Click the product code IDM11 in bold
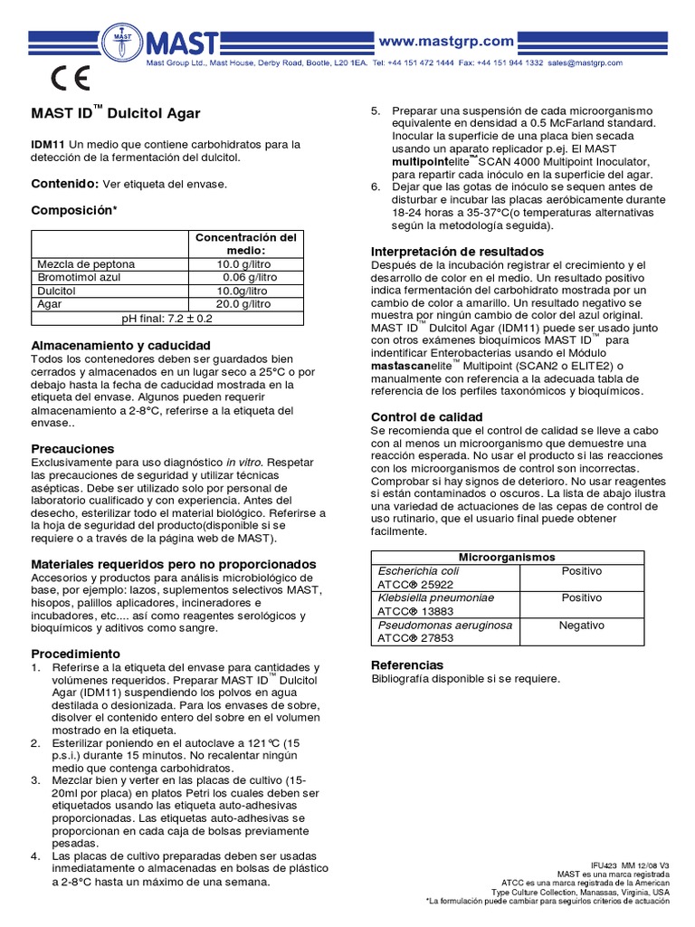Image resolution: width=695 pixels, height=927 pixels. pos(49,144)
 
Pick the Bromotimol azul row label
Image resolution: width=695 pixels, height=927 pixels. pos(78,277)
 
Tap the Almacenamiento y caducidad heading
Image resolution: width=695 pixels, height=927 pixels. pos(121,346)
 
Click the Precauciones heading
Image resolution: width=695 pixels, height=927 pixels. pos(73,449)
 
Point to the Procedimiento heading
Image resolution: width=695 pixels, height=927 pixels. pos(76,654)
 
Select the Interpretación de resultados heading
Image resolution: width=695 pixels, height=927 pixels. pos(458,251)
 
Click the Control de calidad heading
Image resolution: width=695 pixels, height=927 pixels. pos(427,416)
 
